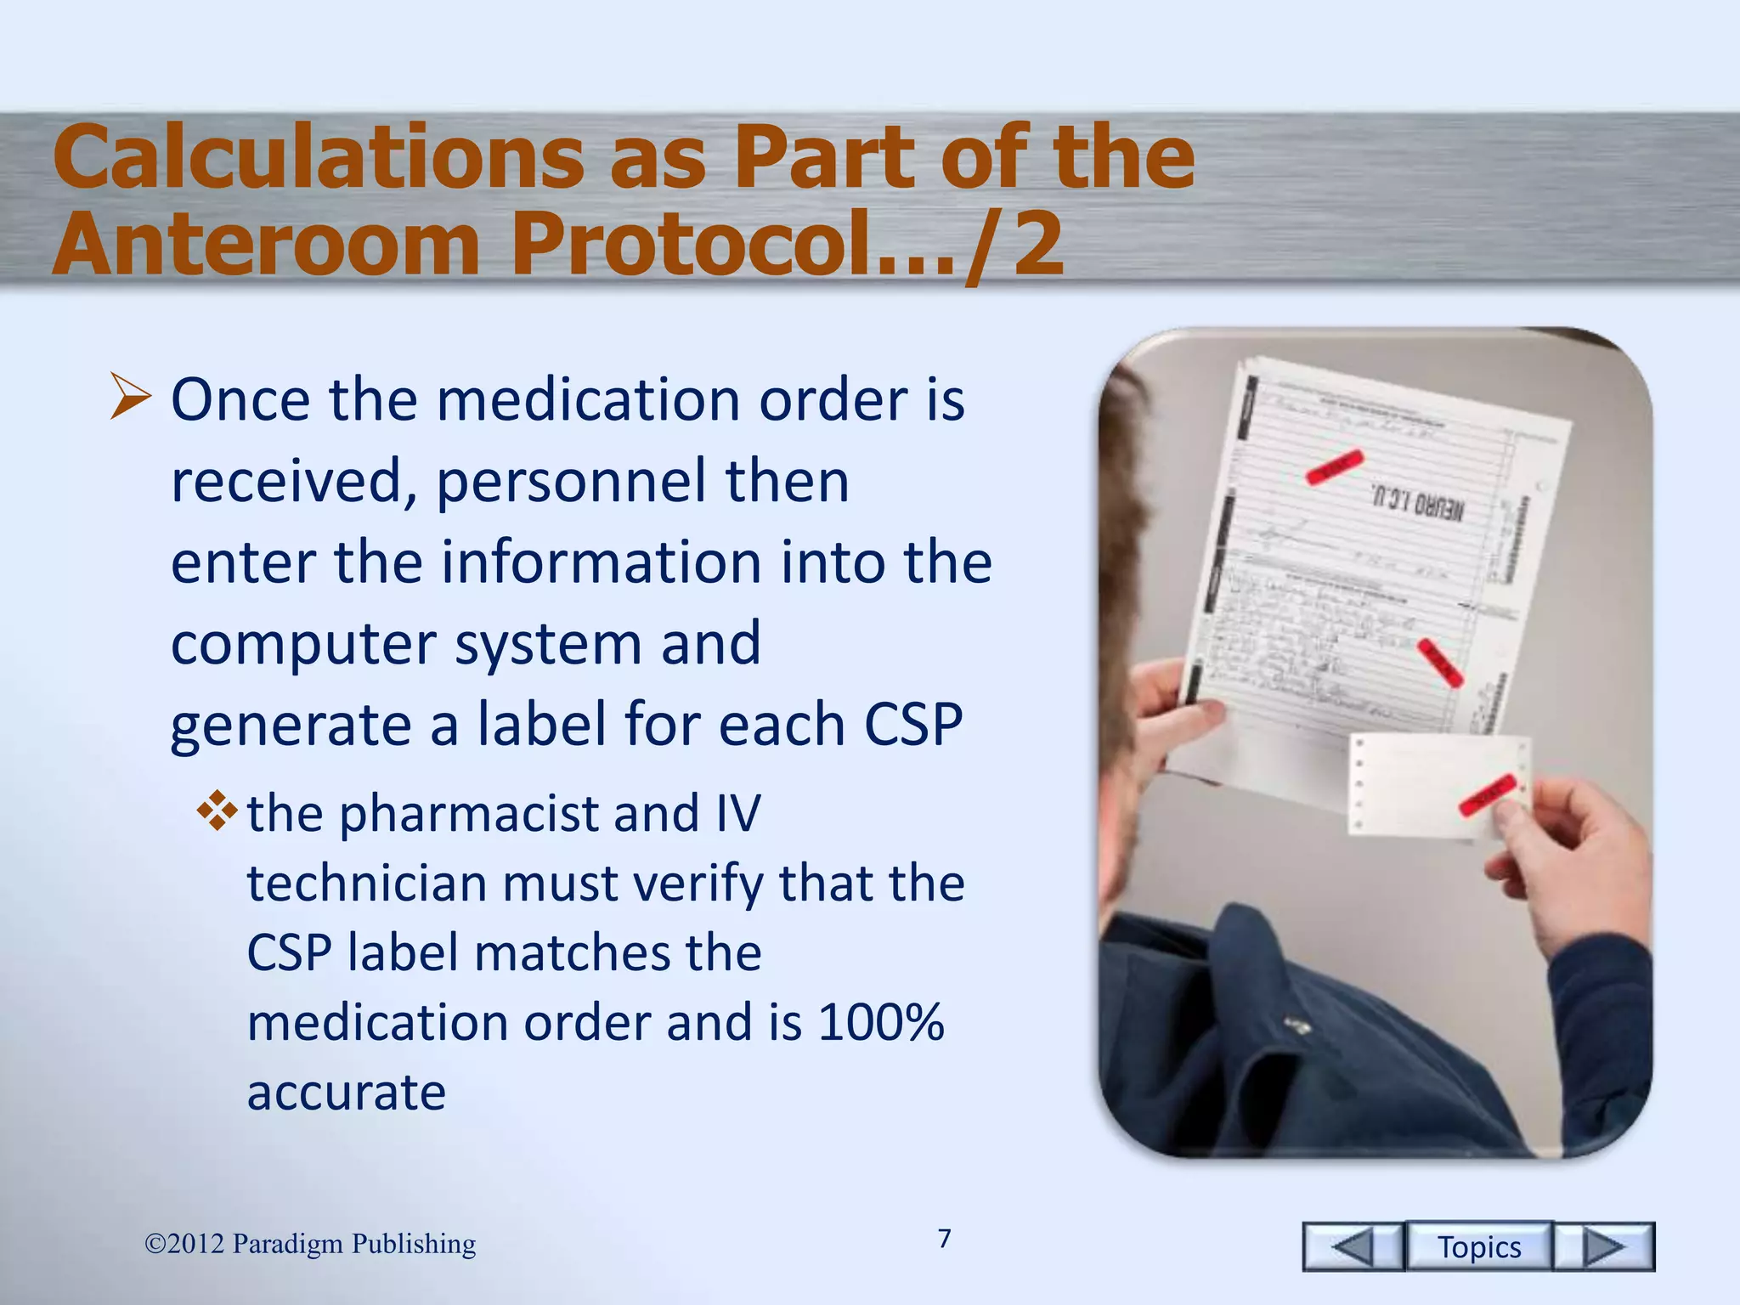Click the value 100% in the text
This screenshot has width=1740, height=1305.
[880, 1022]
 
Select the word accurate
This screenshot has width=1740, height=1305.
[346, 1092]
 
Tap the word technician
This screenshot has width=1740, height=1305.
[366, 884]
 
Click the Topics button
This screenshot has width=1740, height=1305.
[1478, 1246]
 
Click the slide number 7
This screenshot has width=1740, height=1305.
[944, 1239]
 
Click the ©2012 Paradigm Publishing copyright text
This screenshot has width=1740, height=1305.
[310, 1244]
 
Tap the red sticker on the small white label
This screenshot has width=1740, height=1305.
[1487, 794]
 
